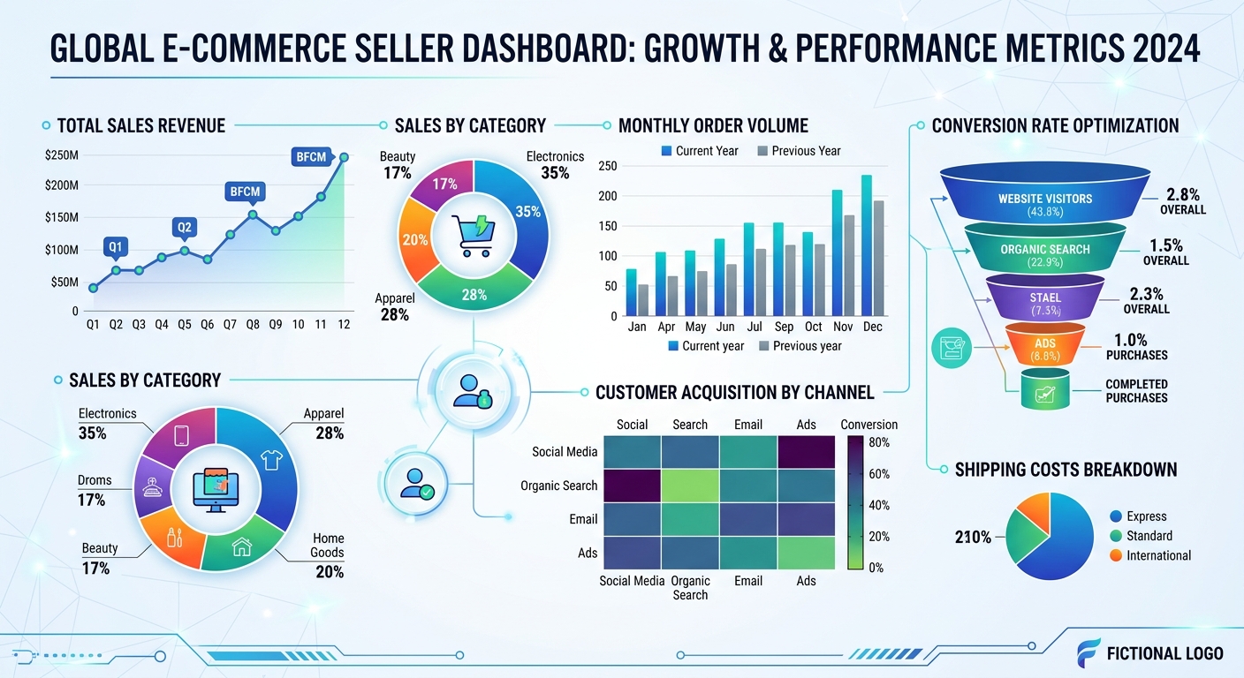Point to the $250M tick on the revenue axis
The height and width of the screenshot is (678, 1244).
point(61,156)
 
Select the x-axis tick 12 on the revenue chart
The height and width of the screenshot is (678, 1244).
point(344,325)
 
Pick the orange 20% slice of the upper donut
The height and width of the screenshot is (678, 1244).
point(415,240)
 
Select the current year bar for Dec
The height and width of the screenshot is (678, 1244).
point(867,245)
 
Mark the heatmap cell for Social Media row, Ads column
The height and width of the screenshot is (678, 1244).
point(806,451)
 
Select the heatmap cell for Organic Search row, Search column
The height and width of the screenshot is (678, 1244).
point(690,485)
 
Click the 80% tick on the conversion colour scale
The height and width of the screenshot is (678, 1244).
point(879,441)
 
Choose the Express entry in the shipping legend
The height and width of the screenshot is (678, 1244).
point(1146,516)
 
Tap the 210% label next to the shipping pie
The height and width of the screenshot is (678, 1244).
point(973,537)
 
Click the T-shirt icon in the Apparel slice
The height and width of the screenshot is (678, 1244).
point(271,458)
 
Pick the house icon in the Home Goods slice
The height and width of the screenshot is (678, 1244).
point(241,547)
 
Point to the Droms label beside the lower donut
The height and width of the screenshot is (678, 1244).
point(95,480)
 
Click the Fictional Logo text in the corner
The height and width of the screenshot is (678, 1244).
point(1164,653)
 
